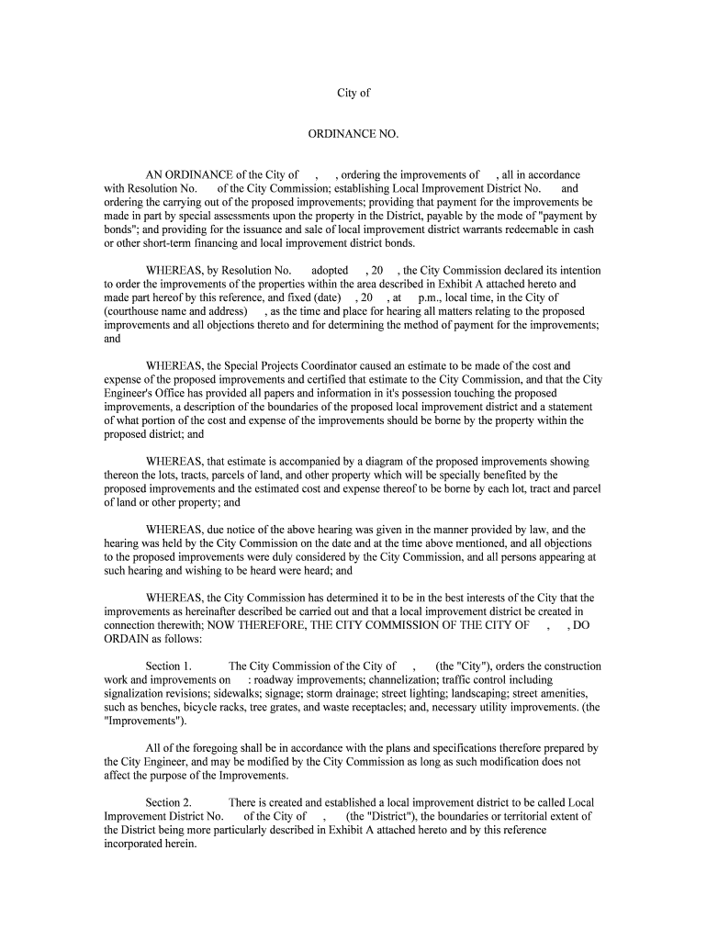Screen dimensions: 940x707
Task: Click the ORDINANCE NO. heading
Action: pos(353,134)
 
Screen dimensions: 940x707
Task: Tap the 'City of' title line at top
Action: pos(353,93)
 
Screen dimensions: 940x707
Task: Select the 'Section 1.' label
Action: pos(168,666)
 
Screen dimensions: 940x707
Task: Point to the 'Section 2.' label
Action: pos(168,803)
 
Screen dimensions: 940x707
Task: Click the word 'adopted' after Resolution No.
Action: pos(330,271)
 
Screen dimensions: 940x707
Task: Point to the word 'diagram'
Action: pos(455,462)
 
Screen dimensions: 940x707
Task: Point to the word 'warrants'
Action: pos(432,229)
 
